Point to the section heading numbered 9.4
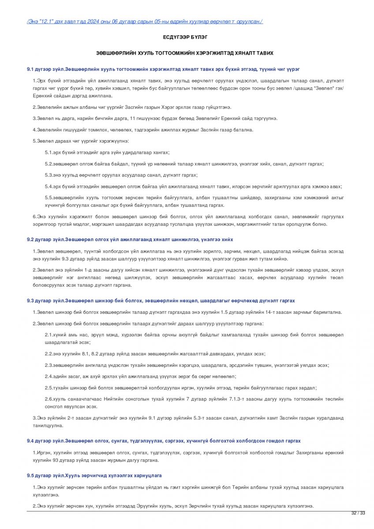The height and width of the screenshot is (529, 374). click(x=164, y=441)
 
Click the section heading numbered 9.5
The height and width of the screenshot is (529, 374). click(x=94, y=476)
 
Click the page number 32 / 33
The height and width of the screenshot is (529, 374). click(x=358, y=513)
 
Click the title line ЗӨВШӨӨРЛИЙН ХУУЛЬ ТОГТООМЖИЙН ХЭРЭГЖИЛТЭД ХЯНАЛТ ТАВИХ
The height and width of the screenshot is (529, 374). click(x=185, y=53)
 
